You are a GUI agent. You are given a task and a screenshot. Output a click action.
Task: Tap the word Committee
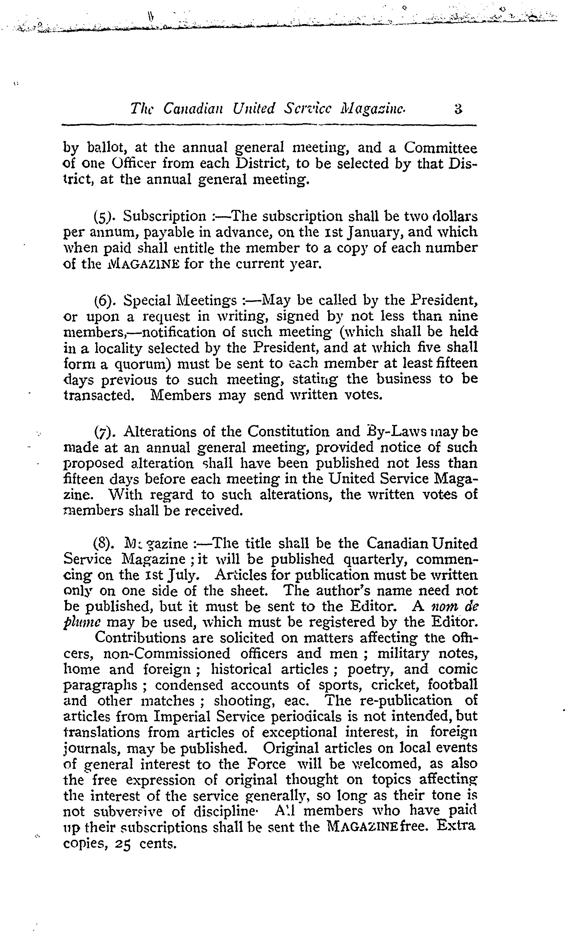pyautogui.click(x=440, y=148)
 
